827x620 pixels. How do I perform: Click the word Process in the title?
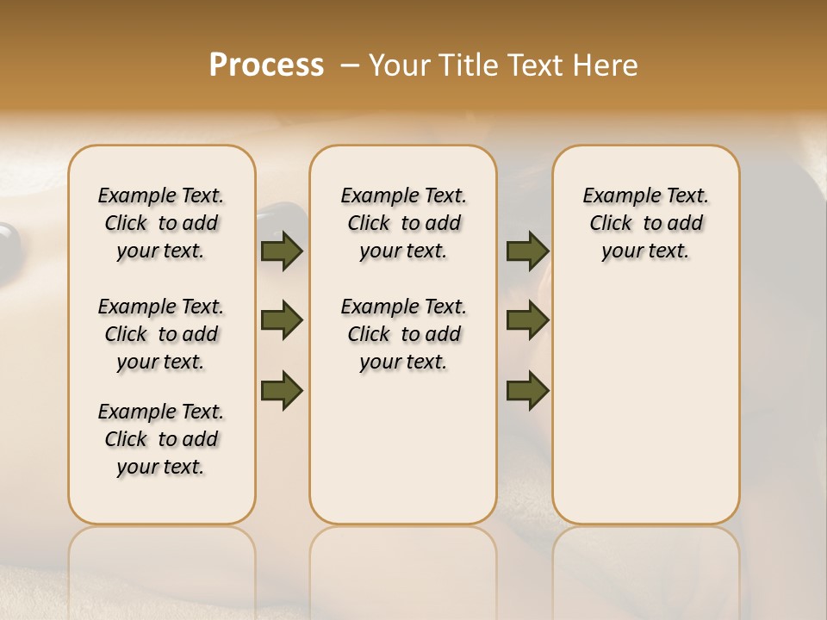(x=266, y=65)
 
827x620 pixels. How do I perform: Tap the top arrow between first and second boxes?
(x=282, y=251)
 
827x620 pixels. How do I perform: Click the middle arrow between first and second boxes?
(x=282, y=321)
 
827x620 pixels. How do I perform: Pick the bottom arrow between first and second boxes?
(x=282, y=390)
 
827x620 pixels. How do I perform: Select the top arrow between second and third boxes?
(x=527, y=251)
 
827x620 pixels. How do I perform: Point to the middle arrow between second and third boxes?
(x=527, y=321)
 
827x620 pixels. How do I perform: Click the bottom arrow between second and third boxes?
(x=527, y=390)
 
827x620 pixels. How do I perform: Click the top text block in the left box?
(x=161, y=223)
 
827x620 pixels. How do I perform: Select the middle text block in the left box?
(x=161, y=334)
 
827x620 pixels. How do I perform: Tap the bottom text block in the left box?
(x=161, y=439)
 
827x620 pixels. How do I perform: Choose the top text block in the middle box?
(x=403, y=223)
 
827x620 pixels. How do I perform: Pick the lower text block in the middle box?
(x=403, y=334)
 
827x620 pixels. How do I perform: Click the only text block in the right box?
(x=645, y=223)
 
